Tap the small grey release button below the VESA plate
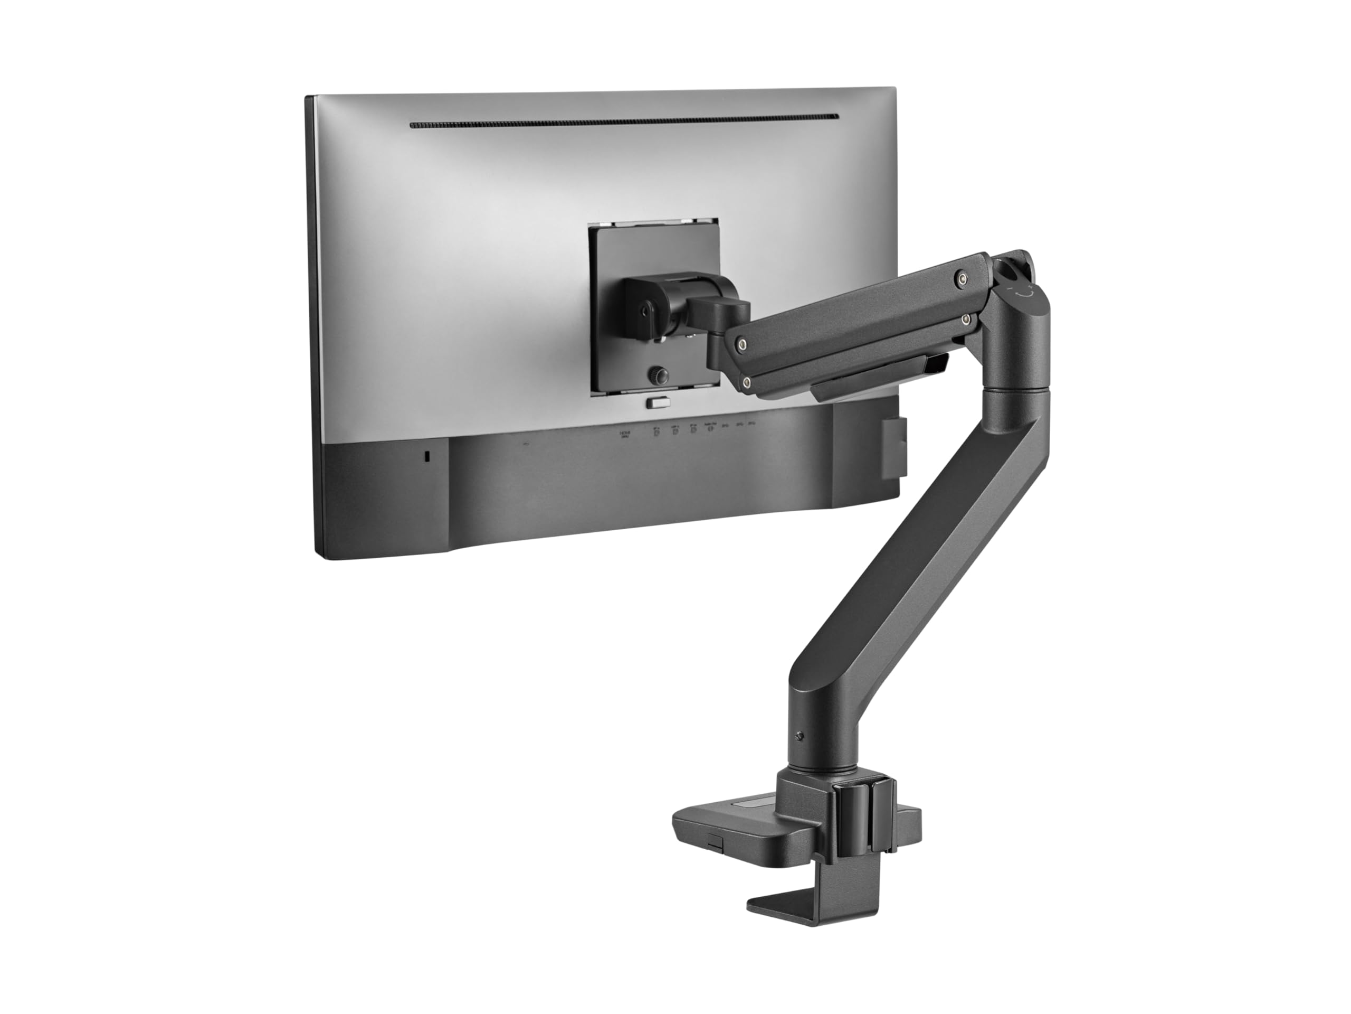click(x=657, y=403)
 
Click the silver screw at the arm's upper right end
click(x=963, y=279)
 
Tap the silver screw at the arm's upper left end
click(x=741, y=344)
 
